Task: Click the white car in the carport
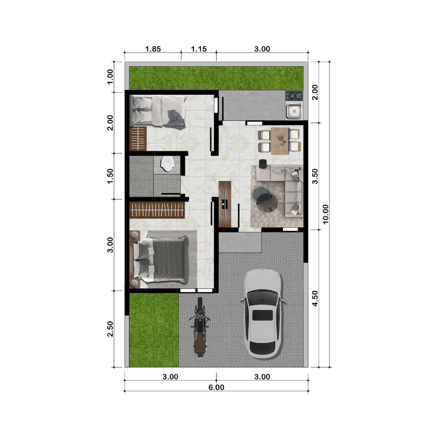262,314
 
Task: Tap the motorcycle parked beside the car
199,327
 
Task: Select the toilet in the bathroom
167,164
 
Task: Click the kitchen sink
294,111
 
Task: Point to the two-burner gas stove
294,96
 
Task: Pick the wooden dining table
280,141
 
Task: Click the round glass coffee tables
265,199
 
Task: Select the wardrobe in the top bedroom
138,139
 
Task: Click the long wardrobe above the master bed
157,210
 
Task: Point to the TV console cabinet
225,204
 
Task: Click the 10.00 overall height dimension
325,214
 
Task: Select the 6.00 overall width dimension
216,387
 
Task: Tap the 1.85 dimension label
153,49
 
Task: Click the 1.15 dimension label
199,49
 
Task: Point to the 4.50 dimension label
315,299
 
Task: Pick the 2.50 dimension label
110,328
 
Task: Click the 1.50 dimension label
110,176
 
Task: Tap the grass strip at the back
216,78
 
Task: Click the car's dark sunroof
262,315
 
